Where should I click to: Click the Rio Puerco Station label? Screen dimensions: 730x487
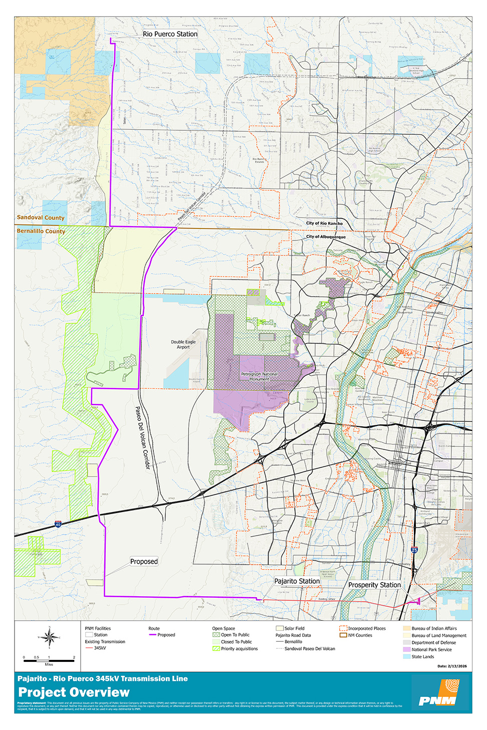(x=170, y=34)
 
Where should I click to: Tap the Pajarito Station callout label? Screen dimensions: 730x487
(x=297, y=581)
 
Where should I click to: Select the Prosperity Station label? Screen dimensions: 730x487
(x=374, y=585)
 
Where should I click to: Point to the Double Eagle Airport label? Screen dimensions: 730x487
(x=183, y=344)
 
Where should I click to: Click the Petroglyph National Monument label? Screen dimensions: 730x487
(x=259, y=376)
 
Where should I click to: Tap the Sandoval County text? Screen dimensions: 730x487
(x=41, y=217)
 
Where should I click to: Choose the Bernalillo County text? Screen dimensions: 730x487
(x=41, y=231)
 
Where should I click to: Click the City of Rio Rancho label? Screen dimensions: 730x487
(x=324, y=223)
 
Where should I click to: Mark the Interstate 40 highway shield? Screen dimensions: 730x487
(x=58, y=525)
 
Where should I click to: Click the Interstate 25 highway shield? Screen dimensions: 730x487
(x=414, y=550)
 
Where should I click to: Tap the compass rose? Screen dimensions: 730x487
(x=49, y=637)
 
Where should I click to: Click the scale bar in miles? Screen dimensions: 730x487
(x=49, y=660)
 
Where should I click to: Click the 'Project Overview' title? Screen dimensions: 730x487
(x=74, y=692)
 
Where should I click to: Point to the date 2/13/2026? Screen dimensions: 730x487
(x=451, y=666)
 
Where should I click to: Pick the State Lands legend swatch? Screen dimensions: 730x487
(x=406, y=656)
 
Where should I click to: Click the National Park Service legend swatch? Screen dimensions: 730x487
(x=406, y=649)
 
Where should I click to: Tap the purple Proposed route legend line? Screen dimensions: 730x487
(x=153, y=635)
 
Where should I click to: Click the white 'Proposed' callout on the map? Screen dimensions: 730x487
(x=144, y=562)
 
